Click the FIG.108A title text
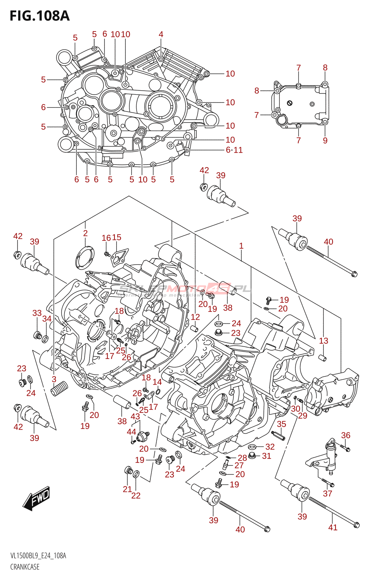[39, 16]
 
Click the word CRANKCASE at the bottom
[25, 567]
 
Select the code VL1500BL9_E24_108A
[38, 556]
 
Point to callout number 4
[161, 34]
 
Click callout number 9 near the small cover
[325, 141]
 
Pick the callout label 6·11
[234, 150]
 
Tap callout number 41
[333, 527]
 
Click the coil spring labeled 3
[59, 389]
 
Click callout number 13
[324, 341]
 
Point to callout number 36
[346, 435]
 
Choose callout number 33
[37, 313]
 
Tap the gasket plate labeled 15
[120, 256]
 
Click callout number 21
[127, 489]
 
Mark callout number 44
[131, 432]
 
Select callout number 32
[270, 447]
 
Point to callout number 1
[241, 246]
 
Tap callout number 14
[157, 382]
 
